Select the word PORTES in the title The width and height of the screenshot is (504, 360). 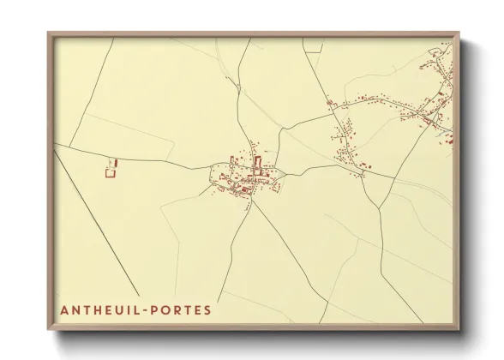pyautogui.click(x=183, y=308)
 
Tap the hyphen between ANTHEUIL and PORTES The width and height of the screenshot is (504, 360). pyautogui.click(x=150, y=309)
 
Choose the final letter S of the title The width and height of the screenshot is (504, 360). pyautogui.click(x=207, y=308)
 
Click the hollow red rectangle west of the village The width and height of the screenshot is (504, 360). pyautogui.click(x=110, y=173)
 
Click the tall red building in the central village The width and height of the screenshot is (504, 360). pyautogui.click(x=256, y=163)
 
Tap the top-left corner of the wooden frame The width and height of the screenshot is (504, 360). pyautogui.click(x=49, y=34)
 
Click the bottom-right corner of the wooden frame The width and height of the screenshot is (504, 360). pyautogui.click(x=459, y=330)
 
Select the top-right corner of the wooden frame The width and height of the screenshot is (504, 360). pyautogui.click(x=459, y=34)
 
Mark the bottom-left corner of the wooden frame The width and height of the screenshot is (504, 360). pyautogui.click(x=49, y=330)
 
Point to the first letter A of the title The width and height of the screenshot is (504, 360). pyautogui.click(x=64, y=308)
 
